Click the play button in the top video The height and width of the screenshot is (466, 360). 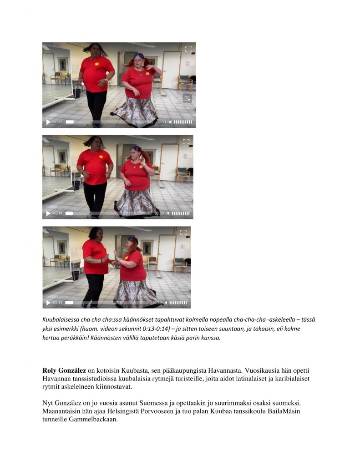point(48,122)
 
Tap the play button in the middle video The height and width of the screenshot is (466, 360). point(48,213)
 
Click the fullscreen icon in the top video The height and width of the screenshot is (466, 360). point(188,49)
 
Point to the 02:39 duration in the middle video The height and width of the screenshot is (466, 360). point(159,213)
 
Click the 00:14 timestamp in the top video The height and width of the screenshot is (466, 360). point(58,122)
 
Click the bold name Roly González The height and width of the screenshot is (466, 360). point(64,371)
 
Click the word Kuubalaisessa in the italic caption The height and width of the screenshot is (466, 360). point(63,319)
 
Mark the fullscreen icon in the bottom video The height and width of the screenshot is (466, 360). point(183,232)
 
